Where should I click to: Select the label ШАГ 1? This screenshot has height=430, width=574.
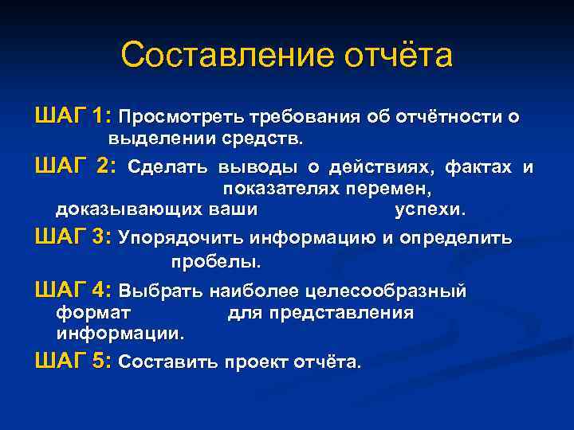[x=73, y=116]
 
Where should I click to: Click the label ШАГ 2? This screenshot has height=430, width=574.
[x=76, y=166]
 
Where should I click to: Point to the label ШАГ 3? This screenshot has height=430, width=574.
[x=73, y=238]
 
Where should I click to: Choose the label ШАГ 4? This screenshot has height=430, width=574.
[x=73, y=291]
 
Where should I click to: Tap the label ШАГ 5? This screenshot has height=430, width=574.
[x=73, y=362]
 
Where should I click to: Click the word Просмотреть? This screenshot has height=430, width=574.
[x=183, y=117]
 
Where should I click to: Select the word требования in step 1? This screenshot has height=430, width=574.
[x=305, y=117]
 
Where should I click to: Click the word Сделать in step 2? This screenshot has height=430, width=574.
[x=169, y=167]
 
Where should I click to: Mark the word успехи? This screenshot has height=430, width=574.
[x=429, y=210]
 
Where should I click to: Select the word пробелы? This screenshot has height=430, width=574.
[x=215, y=261]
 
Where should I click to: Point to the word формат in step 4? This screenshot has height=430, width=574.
[x=93, y=312]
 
